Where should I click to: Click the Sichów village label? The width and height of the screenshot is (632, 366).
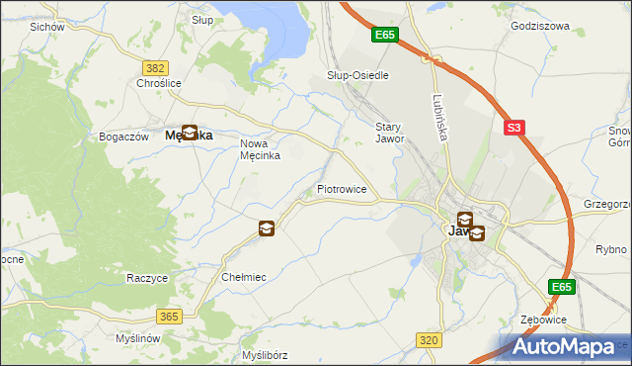click(x=47, y=27)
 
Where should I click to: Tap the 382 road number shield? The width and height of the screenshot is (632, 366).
click(x=154, y=67)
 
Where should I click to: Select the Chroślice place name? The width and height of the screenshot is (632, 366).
click(x=158, y=84)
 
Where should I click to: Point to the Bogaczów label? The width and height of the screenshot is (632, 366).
click(x=123, y=137)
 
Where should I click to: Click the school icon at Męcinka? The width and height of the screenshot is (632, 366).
click(x=189, y=132)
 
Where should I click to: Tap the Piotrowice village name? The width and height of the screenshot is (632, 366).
click(x=342, y=188)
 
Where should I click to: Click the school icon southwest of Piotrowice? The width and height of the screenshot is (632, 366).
click(x=266, y=229)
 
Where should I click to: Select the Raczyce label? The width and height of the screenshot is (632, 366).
click(x=146, y=279)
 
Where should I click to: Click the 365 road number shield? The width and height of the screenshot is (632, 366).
click(x=169, y=317)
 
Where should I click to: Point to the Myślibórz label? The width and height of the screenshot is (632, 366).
click(x=264, y=355)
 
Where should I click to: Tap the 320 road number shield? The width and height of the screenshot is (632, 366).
click(x=428, y=340)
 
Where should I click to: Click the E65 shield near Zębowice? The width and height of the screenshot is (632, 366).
click(x=561, y=287)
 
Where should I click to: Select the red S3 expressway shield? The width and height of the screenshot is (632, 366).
click(x=513, y=128)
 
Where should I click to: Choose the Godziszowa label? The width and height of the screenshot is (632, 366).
click(x=540, y=27)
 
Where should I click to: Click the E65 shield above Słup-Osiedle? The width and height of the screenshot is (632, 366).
click(x=385, y=35)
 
